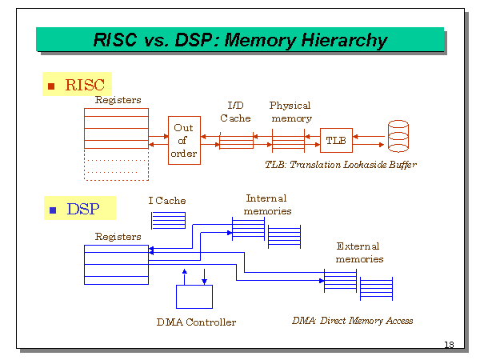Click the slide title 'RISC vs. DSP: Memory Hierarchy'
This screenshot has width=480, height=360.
(240, 40)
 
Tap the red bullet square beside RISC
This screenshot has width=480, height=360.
(52, 85)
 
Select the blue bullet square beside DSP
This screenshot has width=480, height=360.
(53, 210)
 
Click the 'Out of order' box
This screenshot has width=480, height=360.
(183, 141)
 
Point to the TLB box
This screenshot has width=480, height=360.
(336, 141)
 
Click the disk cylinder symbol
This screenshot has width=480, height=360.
(398, 137)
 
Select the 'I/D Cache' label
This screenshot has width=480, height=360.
(235, 112)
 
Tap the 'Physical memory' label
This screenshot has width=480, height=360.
(290, 112)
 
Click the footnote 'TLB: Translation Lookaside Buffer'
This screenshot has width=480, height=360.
(341, 165)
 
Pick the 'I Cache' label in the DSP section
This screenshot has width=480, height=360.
(167, 200)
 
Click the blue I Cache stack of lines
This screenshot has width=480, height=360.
(168, 220)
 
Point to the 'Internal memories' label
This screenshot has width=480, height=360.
(267, 205)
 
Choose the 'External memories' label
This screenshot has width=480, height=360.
(358, 253)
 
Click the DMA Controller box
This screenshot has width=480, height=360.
(194, 296)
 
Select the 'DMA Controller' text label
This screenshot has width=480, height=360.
(196, 322)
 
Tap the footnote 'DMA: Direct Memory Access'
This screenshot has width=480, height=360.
(353, 321)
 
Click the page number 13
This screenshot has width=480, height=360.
(449, 345)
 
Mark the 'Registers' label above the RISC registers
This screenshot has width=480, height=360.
(118, 100)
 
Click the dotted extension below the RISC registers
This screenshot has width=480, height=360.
(116, 166)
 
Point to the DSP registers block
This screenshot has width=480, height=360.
(116, 264)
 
